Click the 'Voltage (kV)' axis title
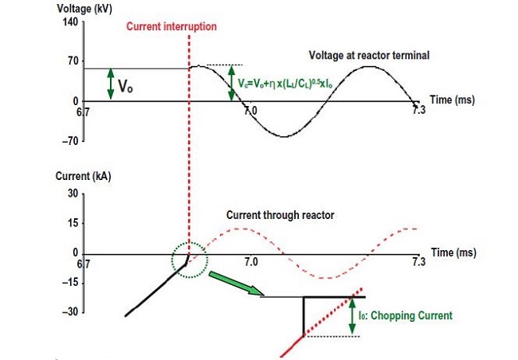tap(84, 9)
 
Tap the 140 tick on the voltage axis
tap(70, 22)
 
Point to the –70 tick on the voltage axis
tap(70, 141)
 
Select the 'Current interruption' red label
tap(171, 26)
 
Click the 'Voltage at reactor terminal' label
tap(369, 55)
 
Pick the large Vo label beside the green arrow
tap(125, 86)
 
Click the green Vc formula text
tap(285, 84)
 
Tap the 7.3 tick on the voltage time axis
tap(419, 110)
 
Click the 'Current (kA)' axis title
tap(83, 176)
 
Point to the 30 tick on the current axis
tap(73, 194)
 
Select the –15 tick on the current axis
tap(70, 283)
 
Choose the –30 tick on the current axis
tap(70, 311)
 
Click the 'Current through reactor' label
tap(281, 215)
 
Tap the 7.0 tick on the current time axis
tap(251, 262)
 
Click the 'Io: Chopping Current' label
tap(406, 315)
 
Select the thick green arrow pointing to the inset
tap(237, 284)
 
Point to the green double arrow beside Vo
tap(111, 84)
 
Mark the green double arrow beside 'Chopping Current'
tap(352, 315)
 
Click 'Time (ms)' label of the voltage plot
tap(453, 100)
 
